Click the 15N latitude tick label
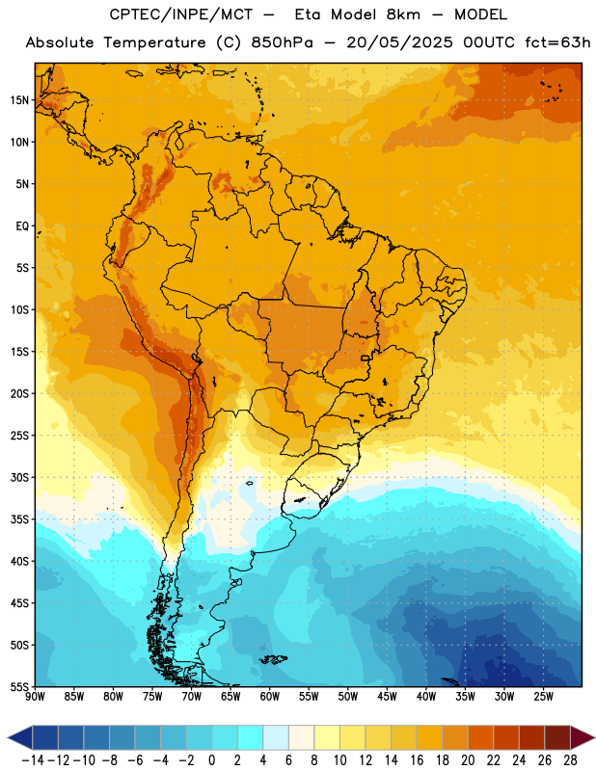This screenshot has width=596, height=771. (x=19, y=100)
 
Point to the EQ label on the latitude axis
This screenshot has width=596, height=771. (x=22, y=226)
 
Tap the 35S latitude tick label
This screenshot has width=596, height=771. (x=19, y=519)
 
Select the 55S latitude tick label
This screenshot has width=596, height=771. (x=19, y=686)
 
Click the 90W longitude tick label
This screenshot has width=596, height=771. (x=36, y=697)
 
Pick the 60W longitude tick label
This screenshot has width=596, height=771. (x=270, y=697)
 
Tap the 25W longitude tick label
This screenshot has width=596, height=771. (x=543, y=697)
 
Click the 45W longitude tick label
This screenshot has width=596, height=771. (x=387, y=697)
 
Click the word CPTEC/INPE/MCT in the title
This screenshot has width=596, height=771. (x=181, y=14)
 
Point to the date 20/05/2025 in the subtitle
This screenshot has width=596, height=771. (x=399, y=42)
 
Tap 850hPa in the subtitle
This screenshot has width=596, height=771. (x=282, y=42)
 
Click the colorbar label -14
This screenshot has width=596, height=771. (x=33, y=760)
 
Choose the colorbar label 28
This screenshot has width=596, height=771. (x=570, y=760)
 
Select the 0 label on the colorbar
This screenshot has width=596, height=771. (x=211, y=760)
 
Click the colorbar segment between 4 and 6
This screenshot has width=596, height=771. (x=276, y=737)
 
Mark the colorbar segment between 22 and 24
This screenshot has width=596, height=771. (x=506, y=737)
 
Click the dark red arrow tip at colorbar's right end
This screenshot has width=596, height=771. (x=582, y=737)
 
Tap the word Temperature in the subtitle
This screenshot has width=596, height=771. (x=154, y=42)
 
